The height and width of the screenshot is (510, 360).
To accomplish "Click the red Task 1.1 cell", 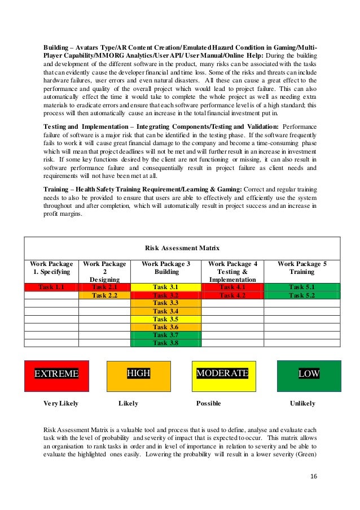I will tap(51, 287).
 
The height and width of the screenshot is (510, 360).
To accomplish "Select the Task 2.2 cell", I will tap(104, 295).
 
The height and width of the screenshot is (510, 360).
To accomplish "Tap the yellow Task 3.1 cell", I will tap(166, 287).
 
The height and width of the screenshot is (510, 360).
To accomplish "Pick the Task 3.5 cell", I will tap(166, 319).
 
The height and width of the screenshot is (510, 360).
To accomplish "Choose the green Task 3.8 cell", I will tap(166, 342).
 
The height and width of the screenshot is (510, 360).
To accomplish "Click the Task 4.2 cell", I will tap(232, 295).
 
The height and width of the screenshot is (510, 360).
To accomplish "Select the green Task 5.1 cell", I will tap(302, 287).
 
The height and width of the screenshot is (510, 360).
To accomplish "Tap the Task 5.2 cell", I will tap(302, 295).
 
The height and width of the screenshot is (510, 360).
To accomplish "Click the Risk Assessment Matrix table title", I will tap(182, 248).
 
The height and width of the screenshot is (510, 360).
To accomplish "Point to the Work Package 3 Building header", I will tap(166, 267).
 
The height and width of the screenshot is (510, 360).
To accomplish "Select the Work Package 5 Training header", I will tap(302, 267).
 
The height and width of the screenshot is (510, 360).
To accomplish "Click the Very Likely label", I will tap(61, 404).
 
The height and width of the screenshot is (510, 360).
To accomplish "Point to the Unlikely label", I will tap(302, 404).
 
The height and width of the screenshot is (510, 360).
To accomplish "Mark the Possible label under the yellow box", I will tap(208, 404).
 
